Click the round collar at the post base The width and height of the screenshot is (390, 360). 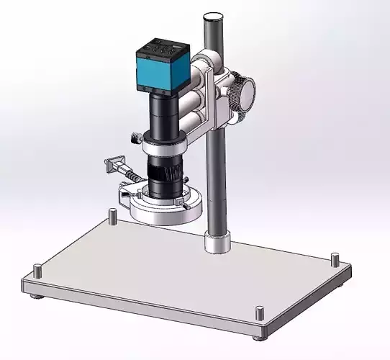click(x=217, y=240)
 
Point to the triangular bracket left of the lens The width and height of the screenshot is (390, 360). click(x=112, y=164)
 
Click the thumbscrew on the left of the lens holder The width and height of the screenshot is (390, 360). click(x=134, y=138)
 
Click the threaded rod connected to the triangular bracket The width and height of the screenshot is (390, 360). click(x=129, y=174)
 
